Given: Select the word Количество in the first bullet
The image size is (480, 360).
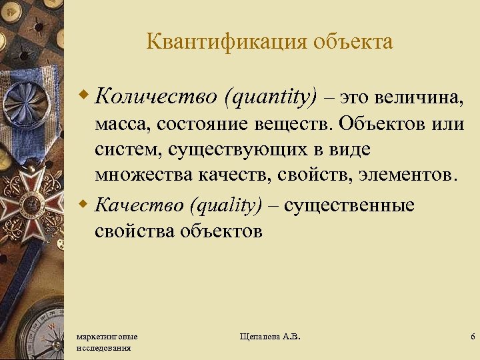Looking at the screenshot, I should pyautogui.click(x=154, y=97).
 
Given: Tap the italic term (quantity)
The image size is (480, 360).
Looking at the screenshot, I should pyautogui.click(x=271, y=97).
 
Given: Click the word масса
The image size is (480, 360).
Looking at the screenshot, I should pyautogui.click(x=122, y=124).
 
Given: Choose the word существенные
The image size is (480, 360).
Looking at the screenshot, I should pyautogui.click(x=349, y=205).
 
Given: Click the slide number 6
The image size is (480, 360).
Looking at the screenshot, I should pyautogui.click(x=473, y=337).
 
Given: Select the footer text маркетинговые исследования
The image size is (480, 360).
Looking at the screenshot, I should pyautogui.click(x=107, y=342).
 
